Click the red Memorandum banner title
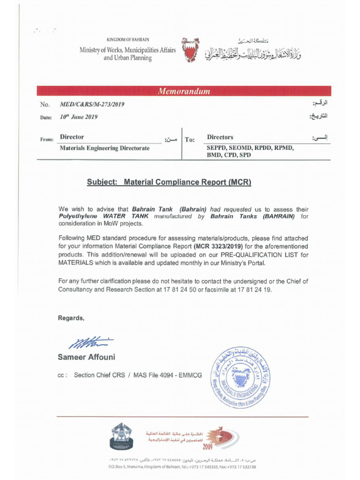pyautogui.click(x=184, y=91)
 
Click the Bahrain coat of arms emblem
pyautogui.click(x=190, y=50)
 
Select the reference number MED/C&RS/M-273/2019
pyautogui.click(x=92, y=105)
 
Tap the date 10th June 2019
pyautogui.click(x=79, y=117)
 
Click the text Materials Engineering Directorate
pyautogui.click(x=105, y=148)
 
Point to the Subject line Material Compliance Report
pyautogui.click(x=169, y=182)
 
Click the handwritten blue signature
pyautogui.click(x=90, y=343)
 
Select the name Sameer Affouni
pyautogui.click(x=86, y=357)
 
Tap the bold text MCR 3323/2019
pyautogui.click(x=218, y=246)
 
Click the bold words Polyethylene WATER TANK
pyautogui.click(x=103, y=217)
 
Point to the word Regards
pyautogui.click(x=71, y=318)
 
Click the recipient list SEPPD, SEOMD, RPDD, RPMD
pyautogui.click(x=250, y=148)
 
